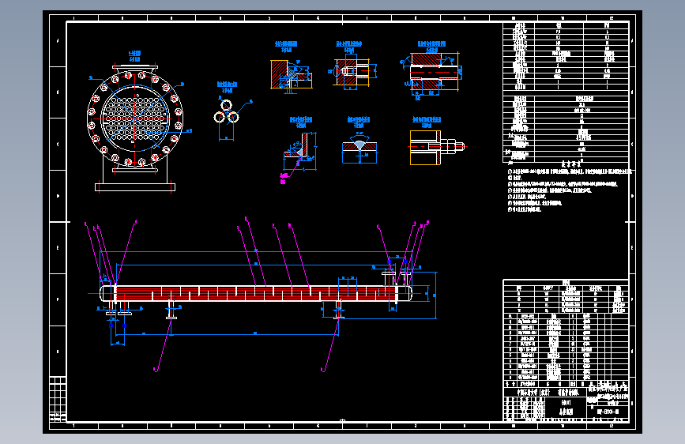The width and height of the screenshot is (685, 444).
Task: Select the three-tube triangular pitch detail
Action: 227,114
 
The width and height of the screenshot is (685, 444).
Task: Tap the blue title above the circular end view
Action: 135,55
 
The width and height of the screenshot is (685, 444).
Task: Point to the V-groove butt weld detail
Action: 359,149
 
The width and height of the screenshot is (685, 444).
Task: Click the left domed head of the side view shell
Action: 103,292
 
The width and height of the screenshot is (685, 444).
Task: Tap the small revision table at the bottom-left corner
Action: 58,399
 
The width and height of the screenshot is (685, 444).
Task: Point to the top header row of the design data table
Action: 566,25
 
